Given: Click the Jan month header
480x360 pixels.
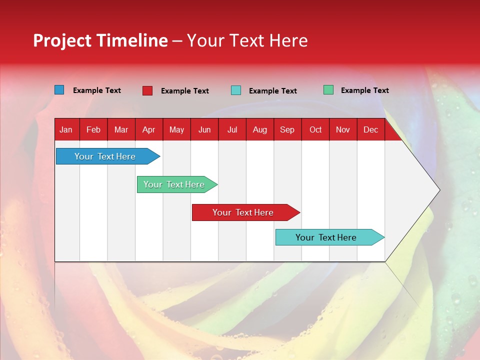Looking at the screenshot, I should click(x=66, y=129).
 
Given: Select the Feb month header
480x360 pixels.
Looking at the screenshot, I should click(x=93, y=129).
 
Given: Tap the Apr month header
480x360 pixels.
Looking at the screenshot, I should click(x=149, y=129).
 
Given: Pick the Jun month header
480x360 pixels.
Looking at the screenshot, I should click(x=204, y=129).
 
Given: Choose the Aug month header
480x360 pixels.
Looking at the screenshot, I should click(x=260, y=129).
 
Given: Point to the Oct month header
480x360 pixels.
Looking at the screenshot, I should click(x=315, y=129).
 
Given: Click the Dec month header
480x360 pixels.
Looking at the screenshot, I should click(x=371, y=129).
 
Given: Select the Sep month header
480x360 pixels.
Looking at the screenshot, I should click(x=287, y=129).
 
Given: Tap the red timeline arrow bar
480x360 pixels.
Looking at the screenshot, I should click(x=243, y=212).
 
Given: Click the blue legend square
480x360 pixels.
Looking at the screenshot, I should click(x=59, y=90).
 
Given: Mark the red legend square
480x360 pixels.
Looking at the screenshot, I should click(x=147, y=90).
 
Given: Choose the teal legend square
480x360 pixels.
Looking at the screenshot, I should click(x=236, y=90).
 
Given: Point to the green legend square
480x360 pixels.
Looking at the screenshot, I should click(x=328, y=90).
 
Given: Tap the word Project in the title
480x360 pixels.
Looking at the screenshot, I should click(x=62, y=40).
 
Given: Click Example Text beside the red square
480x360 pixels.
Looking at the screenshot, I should click(x=185, y=91).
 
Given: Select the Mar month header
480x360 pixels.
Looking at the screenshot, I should click(x=121, y=129).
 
